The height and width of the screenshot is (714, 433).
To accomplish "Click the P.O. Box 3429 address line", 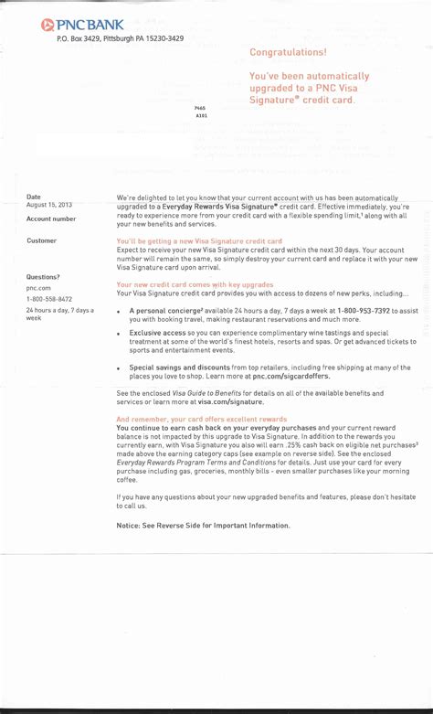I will point(120,38).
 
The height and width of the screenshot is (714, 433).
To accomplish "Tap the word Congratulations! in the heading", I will point(288,52).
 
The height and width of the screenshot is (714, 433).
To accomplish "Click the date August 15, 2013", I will point(49,205).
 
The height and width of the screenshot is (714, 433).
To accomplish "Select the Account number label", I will point(51,219).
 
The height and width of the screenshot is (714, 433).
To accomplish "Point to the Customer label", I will point(41,240).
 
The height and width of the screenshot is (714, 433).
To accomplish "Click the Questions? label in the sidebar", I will point(43,276).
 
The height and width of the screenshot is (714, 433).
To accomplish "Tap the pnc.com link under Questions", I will point(38,287).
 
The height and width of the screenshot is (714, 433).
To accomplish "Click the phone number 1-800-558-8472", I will point(50,299).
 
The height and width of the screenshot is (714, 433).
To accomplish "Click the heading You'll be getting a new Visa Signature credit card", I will point(199,240).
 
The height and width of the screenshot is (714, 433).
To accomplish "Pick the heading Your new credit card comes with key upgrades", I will point(195,284).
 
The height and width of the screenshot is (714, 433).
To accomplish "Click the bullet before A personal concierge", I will point(120,312).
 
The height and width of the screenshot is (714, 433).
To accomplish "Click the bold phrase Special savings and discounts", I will point(180,367).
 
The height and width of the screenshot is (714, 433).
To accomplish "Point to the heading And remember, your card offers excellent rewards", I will point(201,419).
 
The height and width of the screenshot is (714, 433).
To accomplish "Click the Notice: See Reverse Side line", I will point(203,525).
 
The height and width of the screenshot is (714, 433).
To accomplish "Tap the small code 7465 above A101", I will point(200,108).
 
